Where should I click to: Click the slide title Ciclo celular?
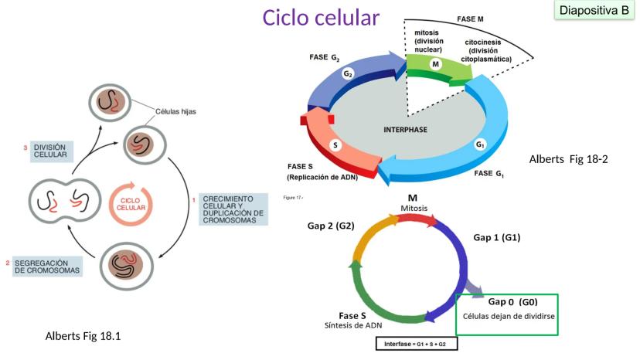(321, 17)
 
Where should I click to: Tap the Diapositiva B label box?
(594, 11)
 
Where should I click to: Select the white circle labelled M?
(436, 64)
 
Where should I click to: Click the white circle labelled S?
(335, 144)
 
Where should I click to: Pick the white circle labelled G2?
(349, 74)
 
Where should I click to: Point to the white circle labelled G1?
(480, 144)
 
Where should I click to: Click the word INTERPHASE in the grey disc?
(406, 129)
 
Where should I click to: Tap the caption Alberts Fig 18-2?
(568, 159)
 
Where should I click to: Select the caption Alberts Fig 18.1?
(84, 336)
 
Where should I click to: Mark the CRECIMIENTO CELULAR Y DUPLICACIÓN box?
(233, 209)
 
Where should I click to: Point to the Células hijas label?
(175, 111)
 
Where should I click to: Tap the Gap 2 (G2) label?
(331, 226)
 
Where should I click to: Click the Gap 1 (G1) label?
(496, 237)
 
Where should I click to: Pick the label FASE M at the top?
(471, 18)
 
